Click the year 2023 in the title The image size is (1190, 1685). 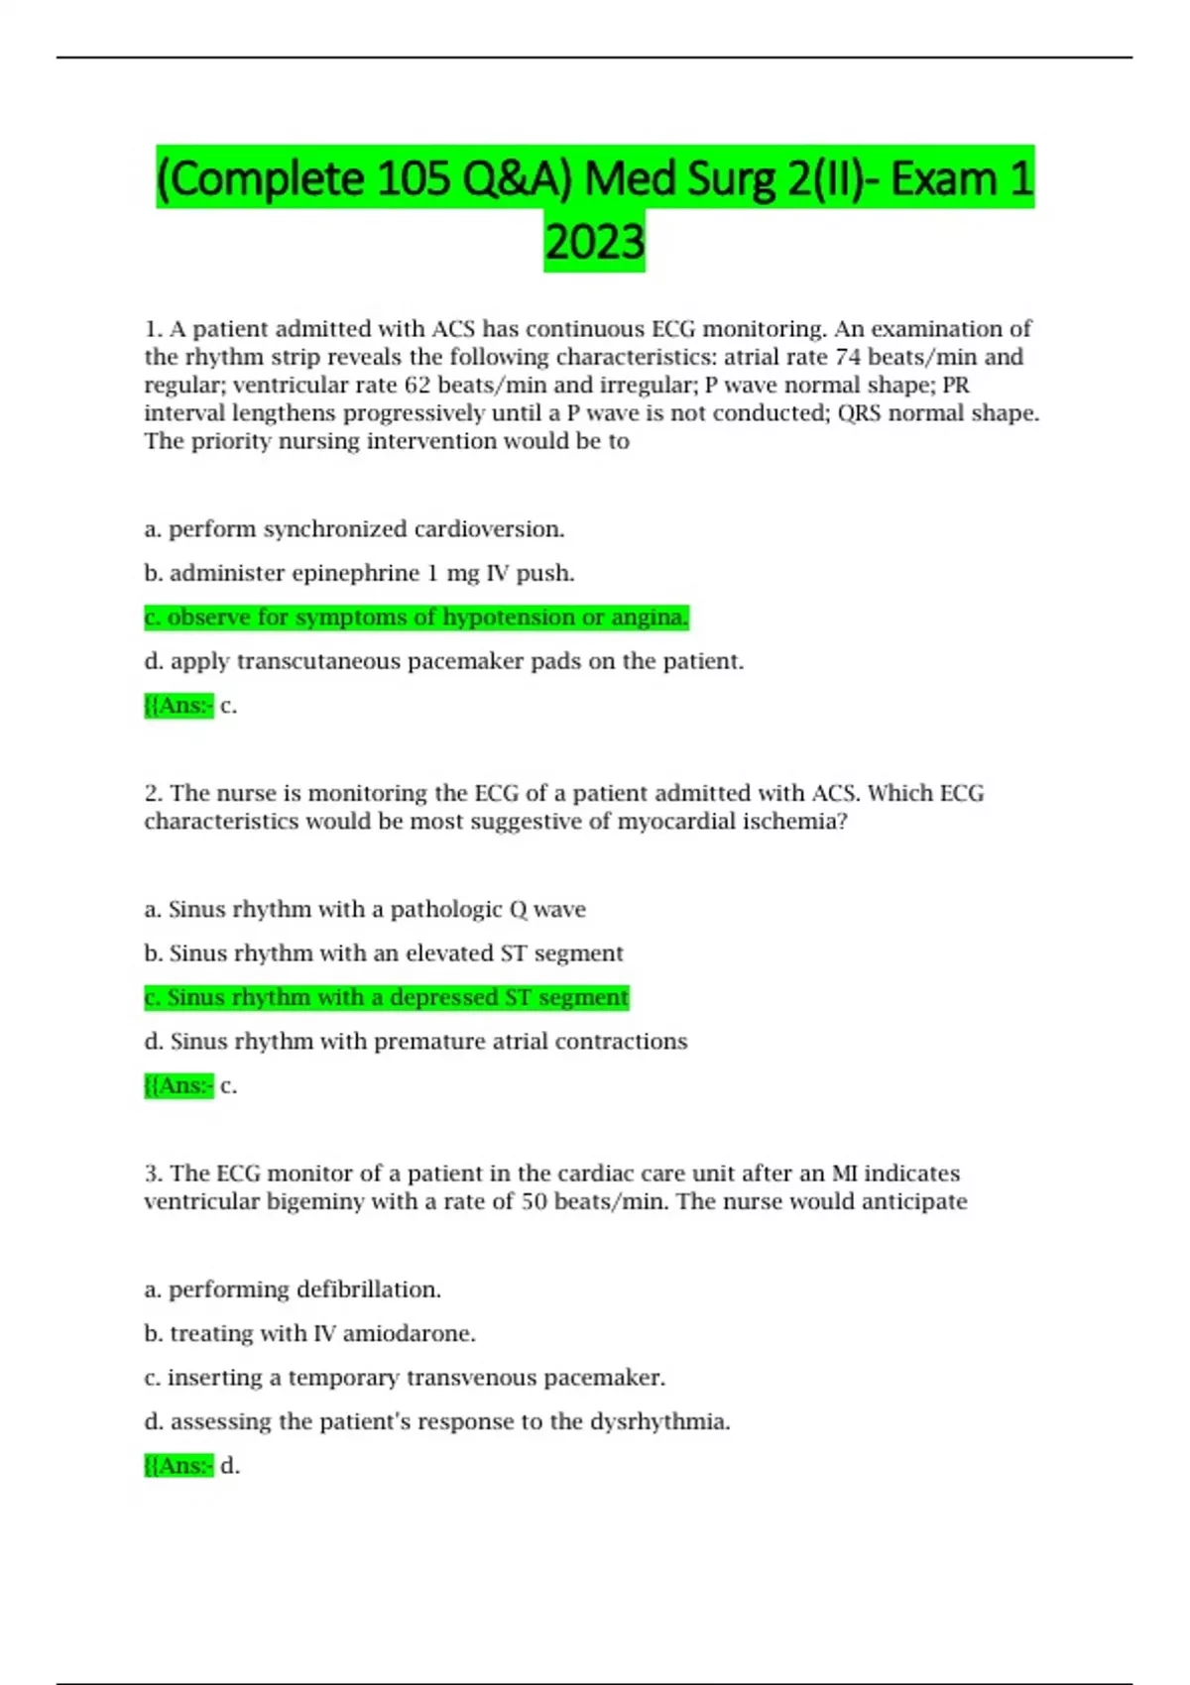(x=594, y=242)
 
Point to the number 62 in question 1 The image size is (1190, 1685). (x=416, y=385)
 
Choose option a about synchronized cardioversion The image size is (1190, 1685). (x=354, y=529)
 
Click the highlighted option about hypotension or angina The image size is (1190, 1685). (x=416, y=618)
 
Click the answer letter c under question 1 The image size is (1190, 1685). (x=227, y=706)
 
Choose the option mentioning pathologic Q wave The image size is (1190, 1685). (x=365, y=909)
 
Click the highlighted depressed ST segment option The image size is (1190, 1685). (x=387, y=997)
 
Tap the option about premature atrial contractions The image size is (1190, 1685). (x=416, y=1042)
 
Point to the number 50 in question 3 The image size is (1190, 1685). (x=535, y=1202)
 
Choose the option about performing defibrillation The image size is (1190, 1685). (x=293, y=1290)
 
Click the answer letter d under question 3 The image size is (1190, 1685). (x=229, y=1466)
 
